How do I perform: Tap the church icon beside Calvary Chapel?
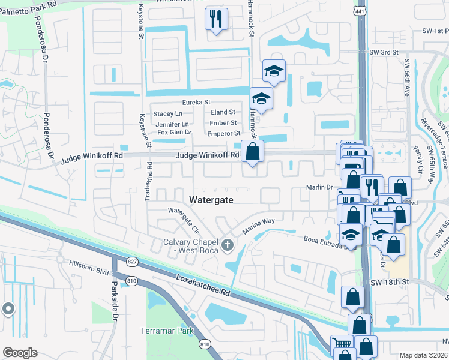227,244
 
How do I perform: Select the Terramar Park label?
165,331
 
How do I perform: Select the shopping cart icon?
341,345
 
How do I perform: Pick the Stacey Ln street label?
167,113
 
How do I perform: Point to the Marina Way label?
258,226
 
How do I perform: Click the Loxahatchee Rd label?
203,286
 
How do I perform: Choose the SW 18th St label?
393,281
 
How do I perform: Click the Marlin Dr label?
320,187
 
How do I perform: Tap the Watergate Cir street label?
183,219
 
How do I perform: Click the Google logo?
20,353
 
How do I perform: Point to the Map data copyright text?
423,355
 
